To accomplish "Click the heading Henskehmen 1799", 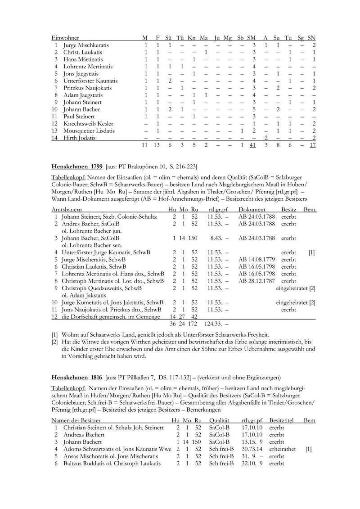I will coord(77,165).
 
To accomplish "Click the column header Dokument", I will coord(252,210).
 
